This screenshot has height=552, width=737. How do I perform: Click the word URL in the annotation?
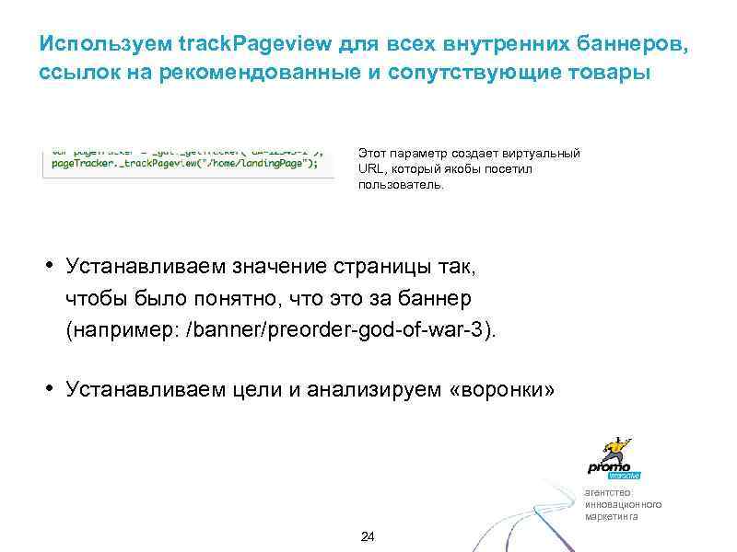370,169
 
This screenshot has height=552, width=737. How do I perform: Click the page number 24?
368,536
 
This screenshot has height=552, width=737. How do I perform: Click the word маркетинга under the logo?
611,516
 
